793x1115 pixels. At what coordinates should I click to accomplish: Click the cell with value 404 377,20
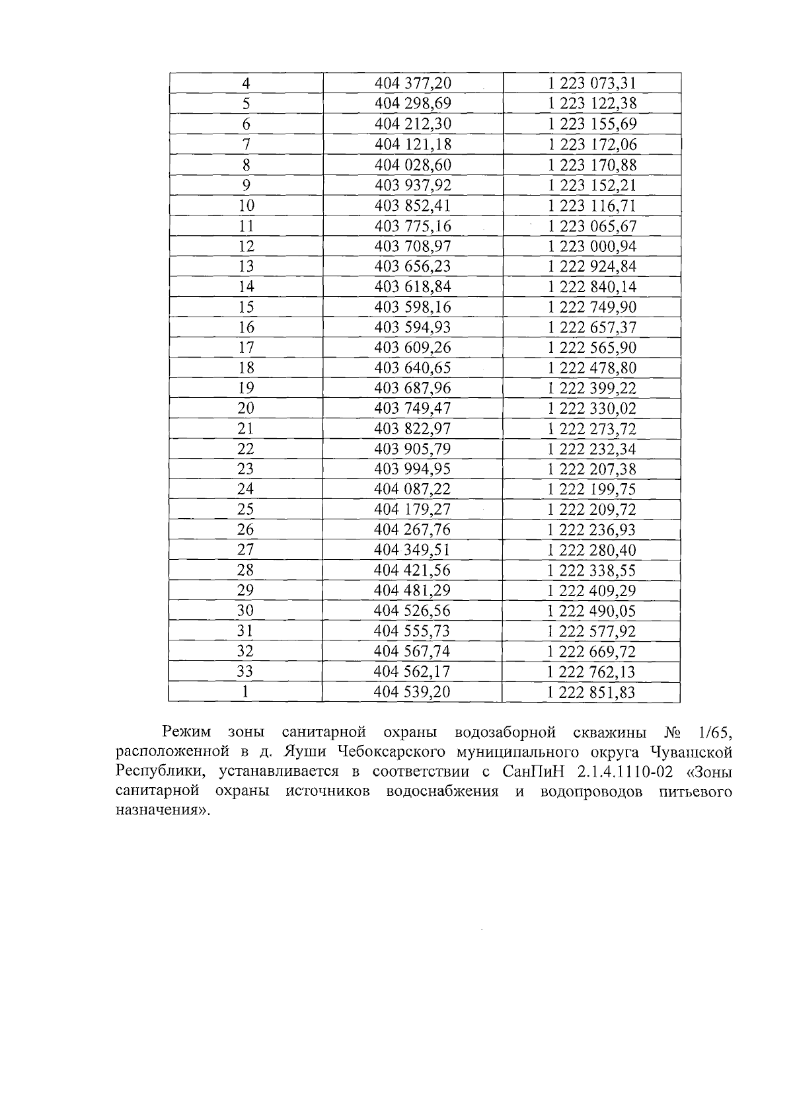[412, 83]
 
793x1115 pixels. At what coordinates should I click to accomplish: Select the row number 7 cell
[246, 145]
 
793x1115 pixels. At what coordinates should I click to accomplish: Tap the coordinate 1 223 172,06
[592, 145]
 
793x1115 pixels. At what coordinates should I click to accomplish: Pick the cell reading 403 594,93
[412, 327]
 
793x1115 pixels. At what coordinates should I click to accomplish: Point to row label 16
[246, 327]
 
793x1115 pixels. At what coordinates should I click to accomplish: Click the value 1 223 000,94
[592, 246]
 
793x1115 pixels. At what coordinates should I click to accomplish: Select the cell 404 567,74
[412, 651]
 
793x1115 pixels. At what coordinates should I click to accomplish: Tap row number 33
[246, 672]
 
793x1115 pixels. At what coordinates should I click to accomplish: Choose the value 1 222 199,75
[592, 489]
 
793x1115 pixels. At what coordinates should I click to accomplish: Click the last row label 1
[246, 692]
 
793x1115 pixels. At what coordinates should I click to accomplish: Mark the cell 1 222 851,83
[592, 692]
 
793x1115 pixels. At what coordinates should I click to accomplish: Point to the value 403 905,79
[412, 449]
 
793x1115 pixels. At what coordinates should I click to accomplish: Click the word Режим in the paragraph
[186, 732]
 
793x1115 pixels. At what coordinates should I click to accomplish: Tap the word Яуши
[305, 752]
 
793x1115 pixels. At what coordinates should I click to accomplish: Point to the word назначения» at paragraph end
[162, 812]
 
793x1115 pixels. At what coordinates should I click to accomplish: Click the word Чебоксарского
[385, 752]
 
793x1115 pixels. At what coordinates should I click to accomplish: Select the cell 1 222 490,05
[592, 611]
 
